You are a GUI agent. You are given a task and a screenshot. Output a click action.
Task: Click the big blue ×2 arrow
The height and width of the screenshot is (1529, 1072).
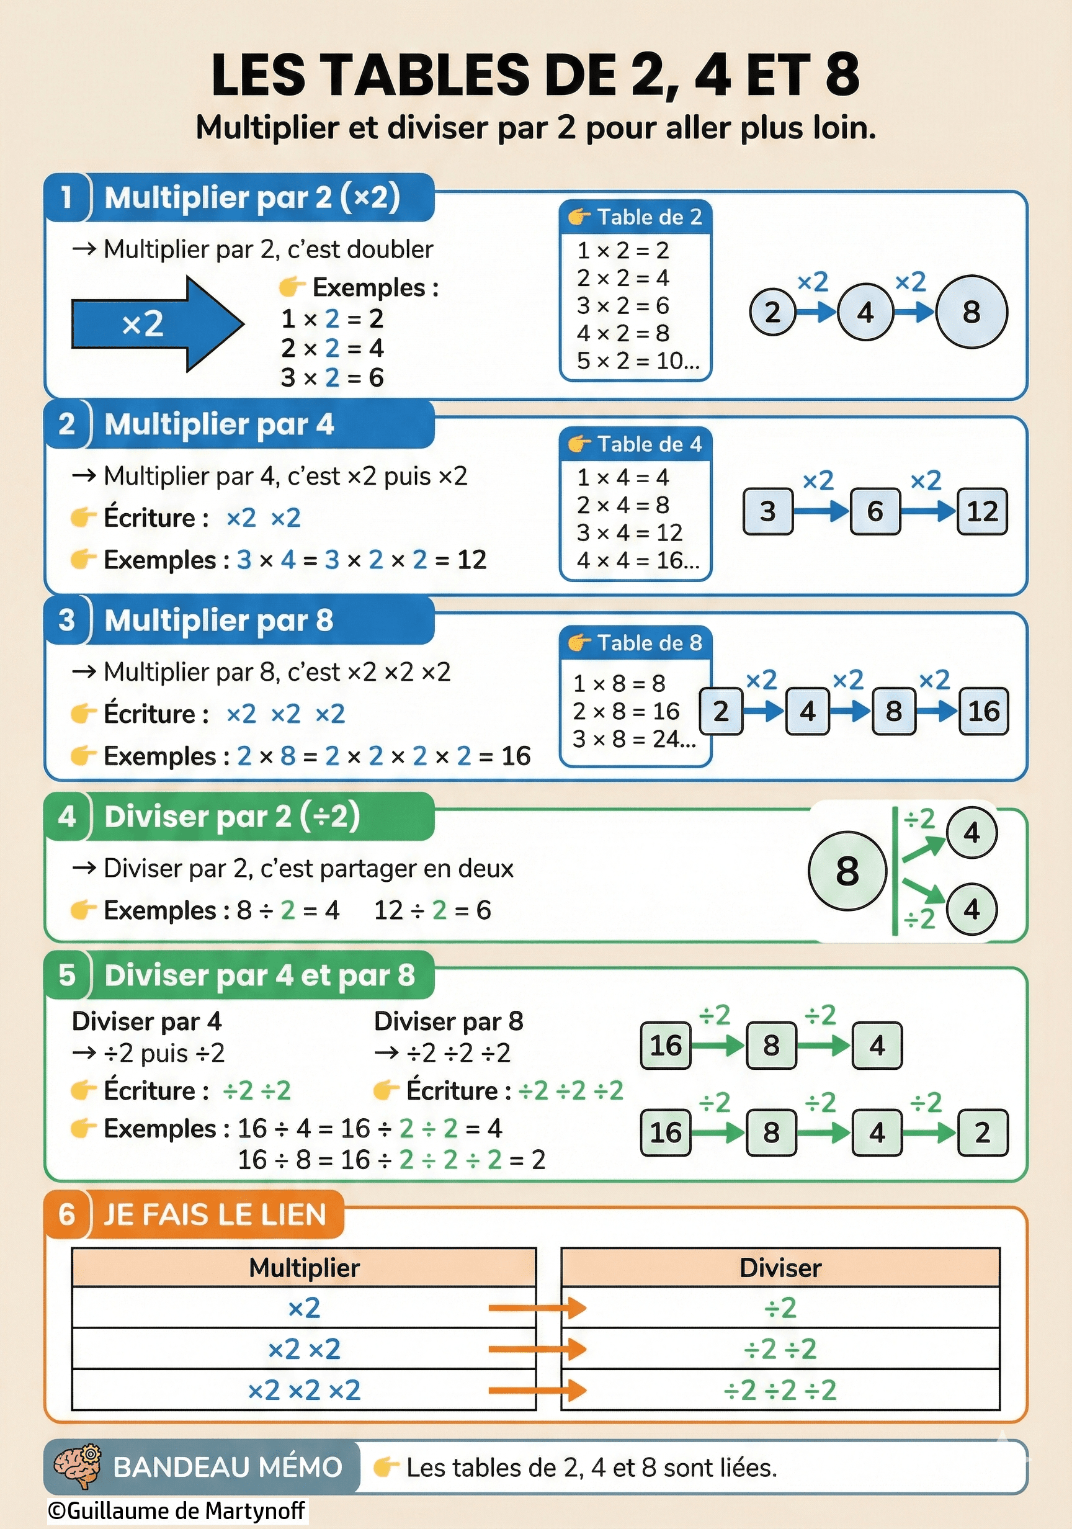coord(156,324)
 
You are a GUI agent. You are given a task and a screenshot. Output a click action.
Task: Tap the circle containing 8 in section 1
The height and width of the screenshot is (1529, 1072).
coord(971,312)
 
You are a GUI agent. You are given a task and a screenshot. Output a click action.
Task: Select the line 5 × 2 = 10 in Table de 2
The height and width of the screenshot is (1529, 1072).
coord(637,361)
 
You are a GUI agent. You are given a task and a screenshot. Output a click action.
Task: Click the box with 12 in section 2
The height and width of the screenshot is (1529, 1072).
coord(982,511)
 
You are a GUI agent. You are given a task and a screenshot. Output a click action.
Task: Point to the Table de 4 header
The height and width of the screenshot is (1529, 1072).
coord(636,444)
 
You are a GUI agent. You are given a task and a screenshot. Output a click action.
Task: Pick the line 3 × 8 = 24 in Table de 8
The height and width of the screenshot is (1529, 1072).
coord(634,738)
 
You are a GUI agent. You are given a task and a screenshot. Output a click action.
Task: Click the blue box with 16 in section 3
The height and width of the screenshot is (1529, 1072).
coord(983,711)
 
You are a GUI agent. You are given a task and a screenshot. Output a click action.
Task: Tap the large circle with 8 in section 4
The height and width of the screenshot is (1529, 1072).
coord(847,871)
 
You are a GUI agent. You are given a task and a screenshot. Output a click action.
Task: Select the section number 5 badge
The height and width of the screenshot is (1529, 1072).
coord(66,975)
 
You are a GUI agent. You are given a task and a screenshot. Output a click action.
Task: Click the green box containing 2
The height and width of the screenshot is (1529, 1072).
coord(982,1132)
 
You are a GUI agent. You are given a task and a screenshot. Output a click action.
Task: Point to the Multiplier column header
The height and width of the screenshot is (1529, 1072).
coord(303,1268)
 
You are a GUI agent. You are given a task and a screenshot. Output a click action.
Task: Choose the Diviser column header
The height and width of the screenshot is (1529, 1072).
coord(780,1268)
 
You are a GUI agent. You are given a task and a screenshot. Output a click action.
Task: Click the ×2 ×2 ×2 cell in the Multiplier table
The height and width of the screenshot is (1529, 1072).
coord(303,1391)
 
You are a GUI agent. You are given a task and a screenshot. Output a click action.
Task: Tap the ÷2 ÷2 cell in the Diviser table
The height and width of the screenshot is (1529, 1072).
coord(780,1349)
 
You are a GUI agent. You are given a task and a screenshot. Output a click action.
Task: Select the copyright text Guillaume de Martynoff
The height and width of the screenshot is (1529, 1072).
coord(177,1510)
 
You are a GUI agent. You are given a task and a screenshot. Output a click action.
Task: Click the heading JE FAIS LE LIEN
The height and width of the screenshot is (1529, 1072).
coord(215,1214)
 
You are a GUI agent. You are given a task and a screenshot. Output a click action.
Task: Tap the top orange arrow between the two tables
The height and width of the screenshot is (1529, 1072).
coord(537,1308)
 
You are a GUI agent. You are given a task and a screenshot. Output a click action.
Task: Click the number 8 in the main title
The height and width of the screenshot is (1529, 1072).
coord(842,74)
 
